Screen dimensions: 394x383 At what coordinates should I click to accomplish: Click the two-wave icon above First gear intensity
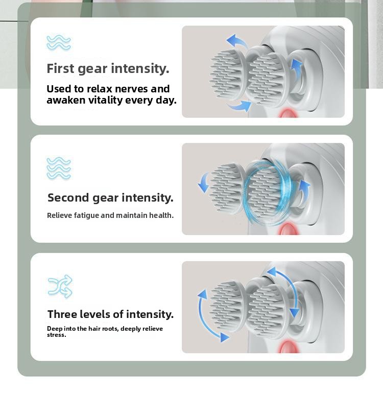[x=58, y=42]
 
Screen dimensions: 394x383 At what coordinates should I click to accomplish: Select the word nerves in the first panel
[x=132, y=89]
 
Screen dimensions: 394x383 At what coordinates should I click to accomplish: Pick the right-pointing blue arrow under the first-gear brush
[x=239, y=106]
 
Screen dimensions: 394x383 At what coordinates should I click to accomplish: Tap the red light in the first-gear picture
[x=288, y=113]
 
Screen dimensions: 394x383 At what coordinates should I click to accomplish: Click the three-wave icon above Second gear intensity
[x=58, y=168]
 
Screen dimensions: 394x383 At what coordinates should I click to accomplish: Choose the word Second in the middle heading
[x=68, y=198]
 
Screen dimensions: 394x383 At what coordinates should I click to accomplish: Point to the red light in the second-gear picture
[x=288, y=230]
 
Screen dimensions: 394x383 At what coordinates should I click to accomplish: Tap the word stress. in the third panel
[x=56, y=335]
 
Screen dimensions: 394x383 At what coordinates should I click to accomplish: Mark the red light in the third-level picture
[x=287, y=348]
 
